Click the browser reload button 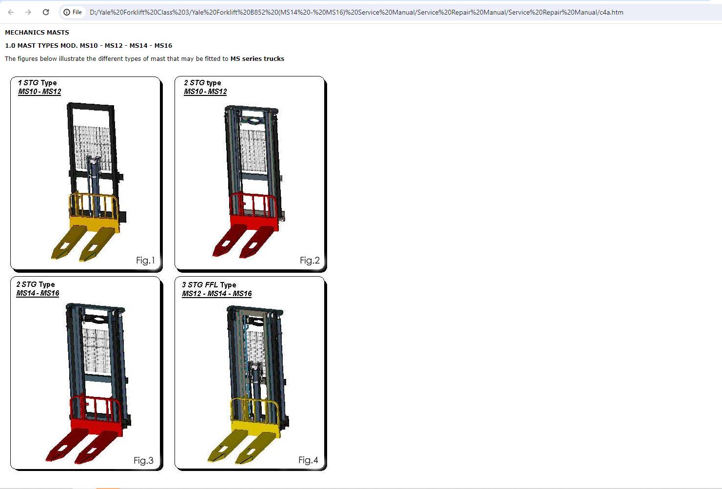pos(46,12)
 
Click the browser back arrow pos(11,12)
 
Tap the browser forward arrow pos(28,12)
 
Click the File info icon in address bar pos(67,12)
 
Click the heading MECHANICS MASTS pos(37,33)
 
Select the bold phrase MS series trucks pos(257,58)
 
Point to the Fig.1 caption pos(145,260)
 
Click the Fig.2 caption pos(310,260)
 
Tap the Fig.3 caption pos(143,460)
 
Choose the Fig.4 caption pos(308,460)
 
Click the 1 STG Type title pos(38,83)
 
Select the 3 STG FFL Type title pos(209,284)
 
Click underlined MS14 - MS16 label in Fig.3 pos(38,293)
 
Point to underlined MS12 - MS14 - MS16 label pos(217,294)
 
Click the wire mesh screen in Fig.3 pos(97,351)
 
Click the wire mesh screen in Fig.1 pos(93,149)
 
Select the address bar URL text pos(356,12)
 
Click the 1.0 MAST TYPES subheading pos(89,46)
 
